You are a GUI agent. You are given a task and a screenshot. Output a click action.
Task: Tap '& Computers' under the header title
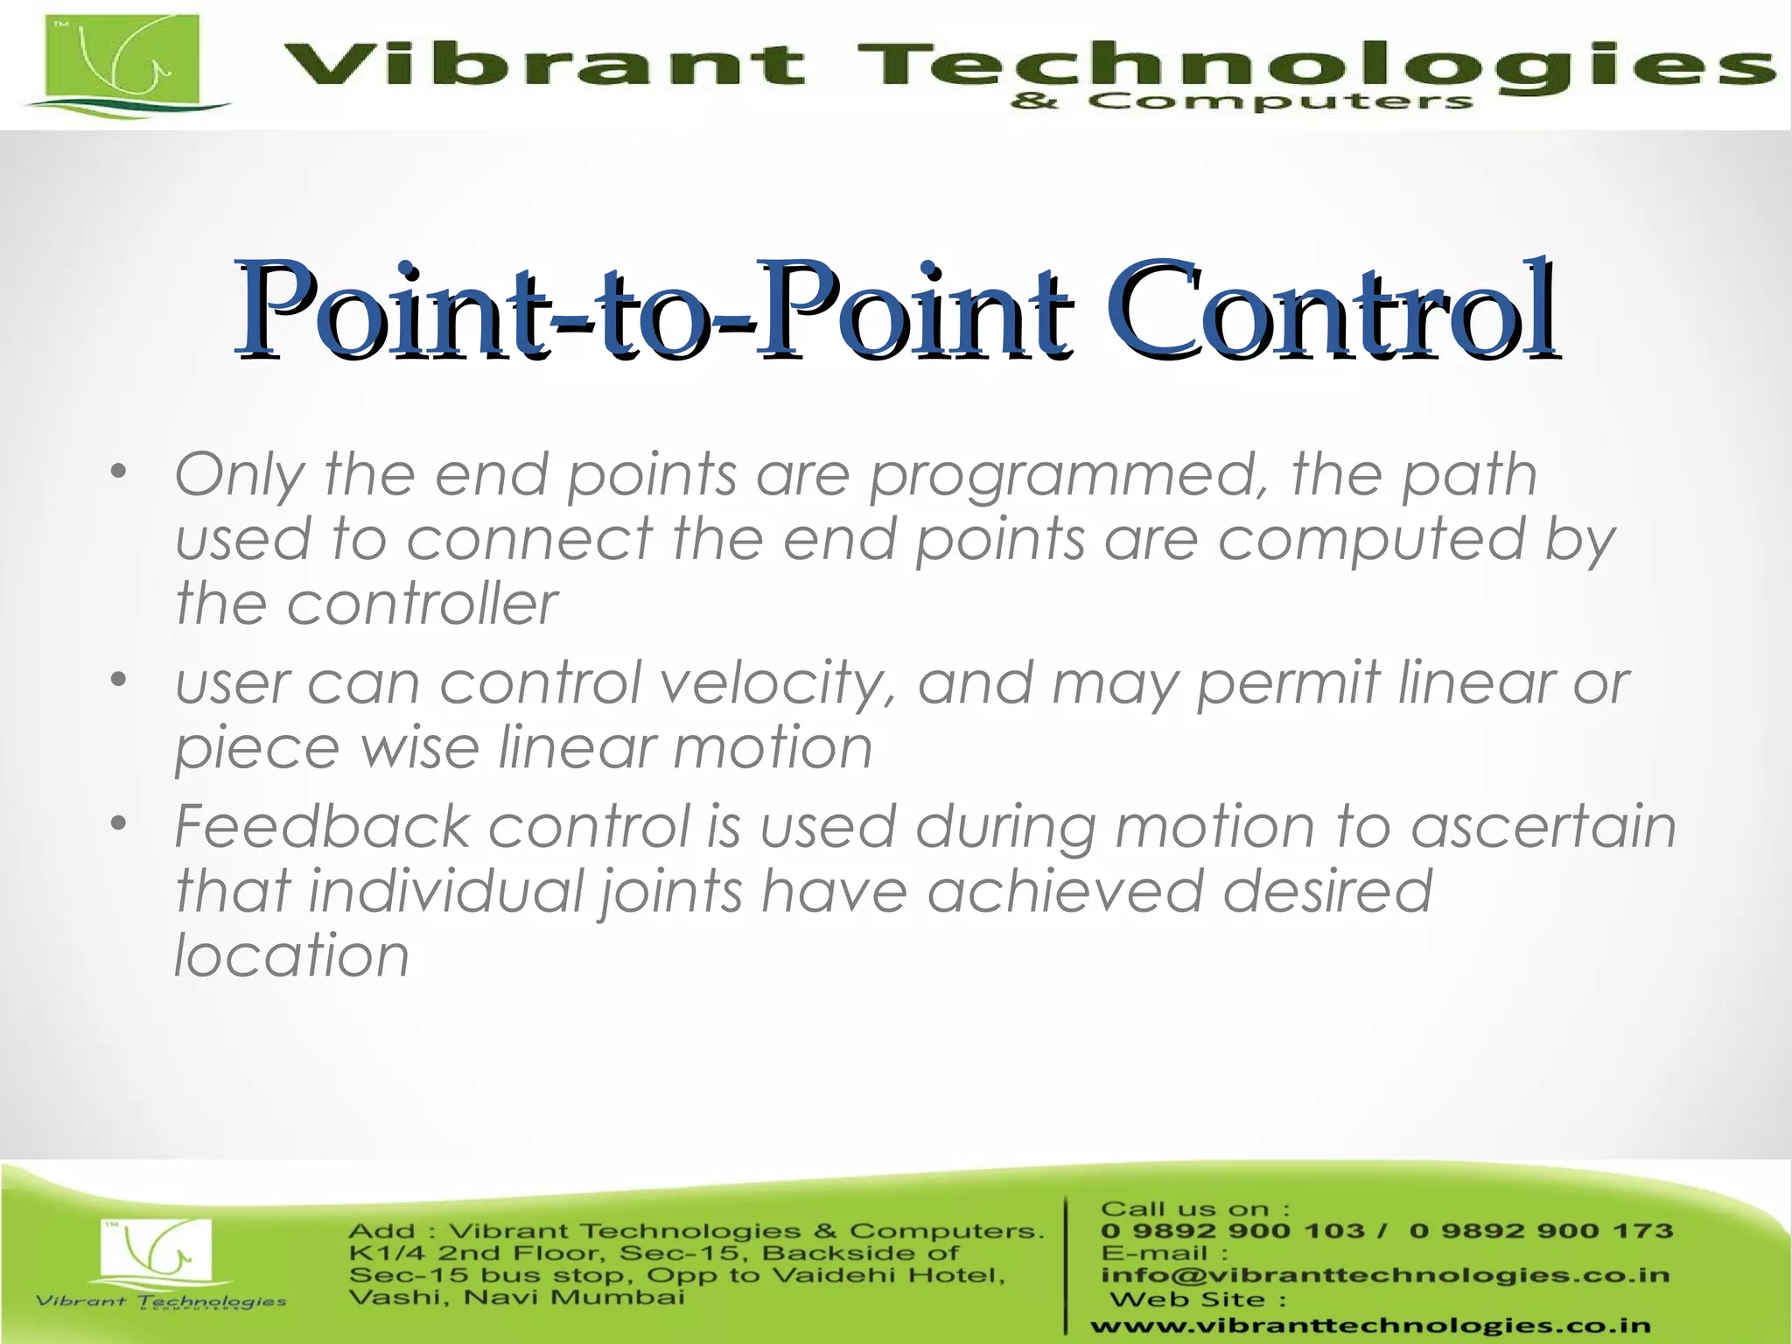coord(1240,102)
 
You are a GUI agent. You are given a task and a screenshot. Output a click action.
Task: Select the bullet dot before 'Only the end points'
coord(120,473)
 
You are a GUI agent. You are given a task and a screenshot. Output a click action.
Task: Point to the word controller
coord(422,604)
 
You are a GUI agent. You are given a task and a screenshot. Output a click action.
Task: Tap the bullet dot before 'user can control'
coord(120,680)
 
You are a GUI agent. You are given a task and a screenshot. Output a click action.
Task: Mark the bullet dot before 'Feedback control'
coord(120,823)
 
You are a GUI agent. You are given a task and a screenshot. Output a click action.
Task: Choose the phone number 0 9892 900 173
coord(1541,1231)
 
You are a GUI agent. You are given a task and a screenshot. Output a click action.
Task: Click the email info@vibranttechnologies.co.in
coord(1385,1276)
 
